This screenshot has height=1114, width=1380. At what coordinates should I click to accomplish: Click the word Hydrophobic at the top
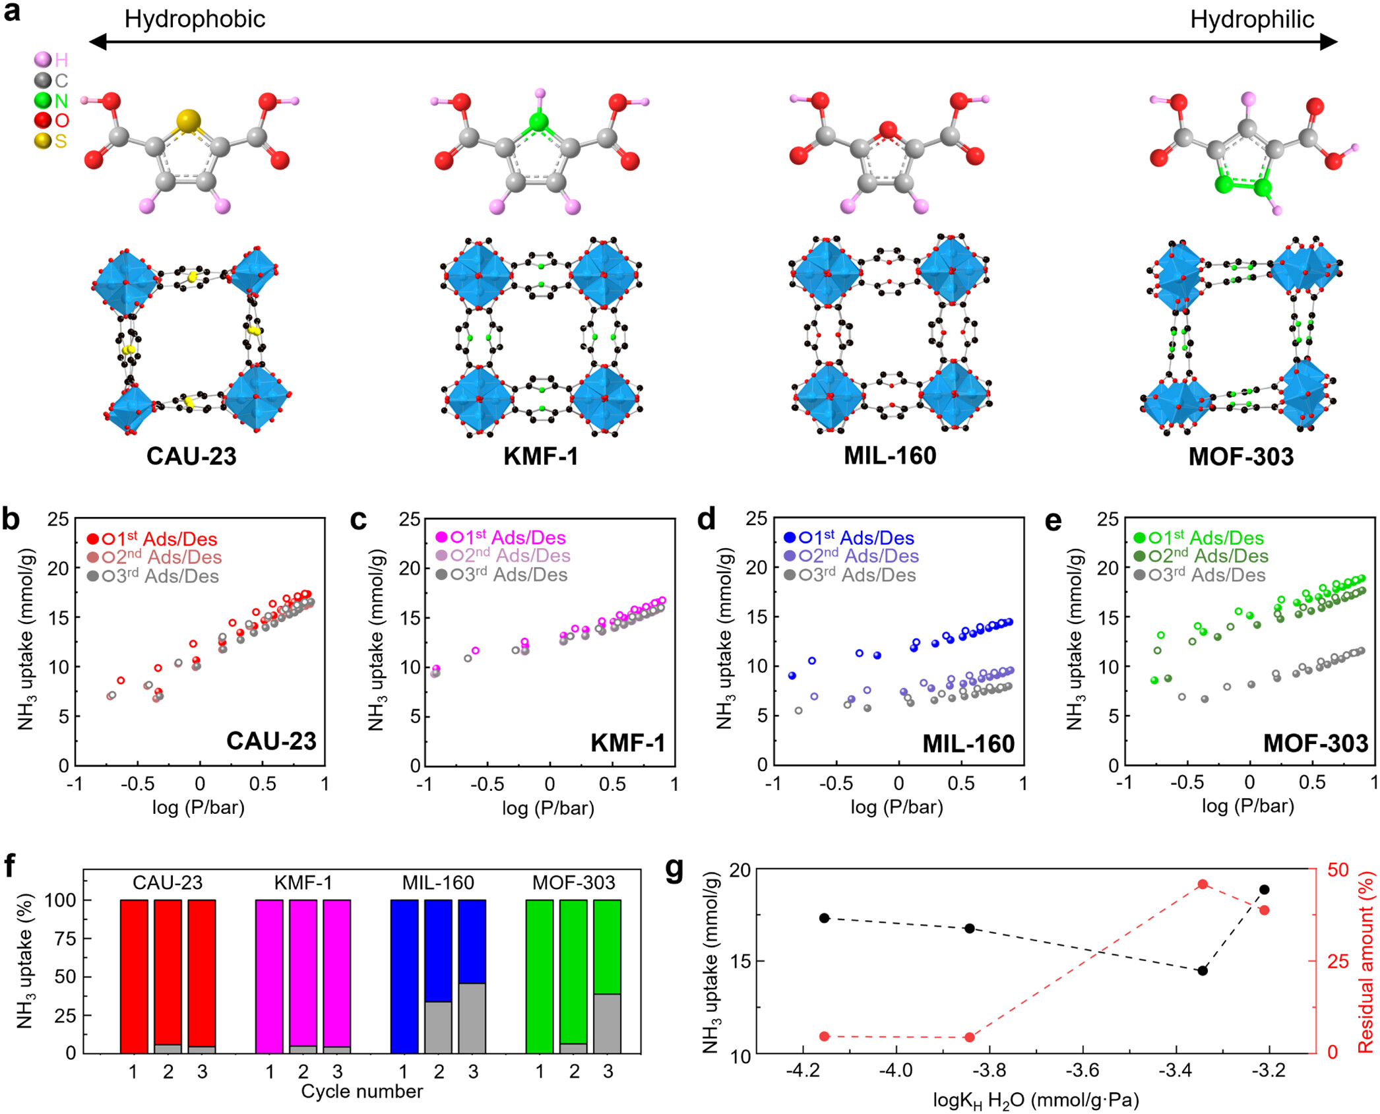[x=195, y=19]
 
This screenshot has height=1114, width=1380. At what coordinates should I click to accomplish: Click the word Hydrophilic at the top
[x=1251, y=20]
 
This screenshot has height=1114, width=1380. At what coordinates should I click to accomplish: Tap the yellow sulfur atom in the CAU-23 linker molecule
[x=188, y=121]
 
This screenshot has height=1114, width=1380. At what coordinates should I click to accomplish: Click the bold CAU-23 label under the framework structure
[x=191, y=456]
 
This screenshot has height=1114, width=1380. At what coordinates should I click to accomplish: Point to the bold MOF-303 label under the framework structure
[x=1240, y=456]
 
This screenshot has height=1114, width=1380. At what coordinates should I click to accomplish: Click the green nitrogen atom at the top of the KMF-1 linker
[x=539, y=122]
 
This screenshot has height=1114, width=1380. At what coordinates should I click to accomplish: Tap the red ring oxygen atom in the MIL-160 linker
[x=888, y=130]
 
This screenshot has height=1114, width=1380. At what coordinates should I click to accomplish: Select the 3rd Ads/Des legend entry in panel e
[x=1200, y=575]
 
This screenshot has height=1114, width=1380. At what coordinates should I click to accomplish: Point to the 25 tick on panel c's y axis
[x=410, y=519]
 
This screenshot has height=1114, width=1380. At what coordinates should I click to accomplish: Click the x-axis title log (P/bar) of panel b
[x=199, y=807]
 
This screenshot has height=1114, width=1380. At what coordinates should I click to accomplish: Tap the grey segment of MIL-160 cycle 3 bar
[x=472, y=1018]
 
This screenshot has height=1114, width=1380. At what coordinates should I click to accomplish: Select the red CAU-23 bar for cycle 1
[x=134, y=975]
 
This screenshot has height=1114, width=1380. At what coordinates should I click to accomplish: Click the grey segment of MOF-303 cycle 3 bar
[x=607, y=1023]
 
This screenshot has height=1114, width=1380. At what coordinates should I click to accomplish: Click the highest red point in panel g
[x=1202, y=884]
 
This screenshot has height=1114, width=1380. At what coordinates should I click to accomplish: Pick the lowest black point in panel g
[x=1203, y=970]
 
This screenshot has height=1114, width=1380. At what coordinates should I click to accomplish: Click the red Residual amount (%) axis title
[x=1365, y=961]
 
